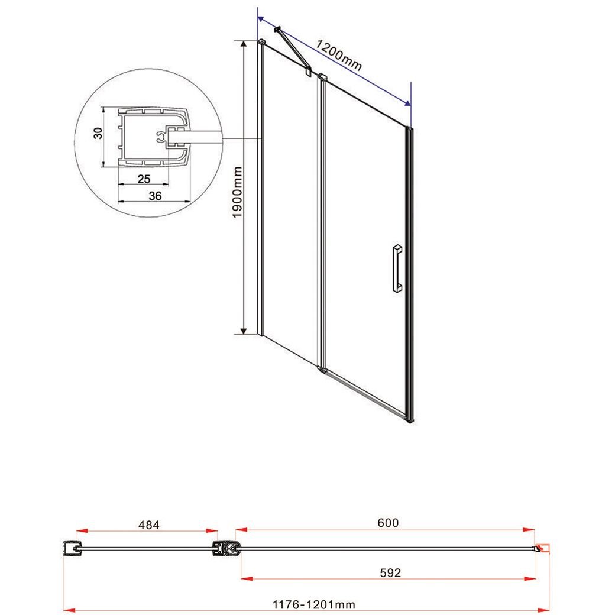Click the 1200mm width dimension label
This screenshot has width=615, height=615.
pyautogui.click(x=338, y=55)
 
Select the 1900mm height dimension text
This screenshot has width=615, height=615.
pyautogui.click(x=237, y=192)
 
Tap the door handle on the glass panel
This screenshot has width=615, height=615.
pyautogui.click(x=397, y=268)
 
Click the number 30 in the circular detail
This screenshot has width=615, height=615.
pyautogui.click(x=98, y=133)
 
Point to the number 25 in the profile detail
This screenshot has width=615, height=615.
pyautogui.click(x=144, y=179)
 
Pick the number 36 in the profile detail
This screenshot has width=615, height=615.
pyautogui.click(x=155, y=196)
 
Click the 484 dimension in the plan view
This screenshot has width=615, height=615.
pyautogui.click(x=149, y=525)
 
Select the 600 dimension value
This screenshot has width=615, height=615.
pyautogui.click(x=388, y=522)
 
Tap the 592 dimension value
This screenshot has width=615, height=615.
pyautogui.click(x=390, y=572)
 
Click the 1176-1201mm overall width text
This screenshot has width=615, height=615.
pyautogui.click(x=314, y=605)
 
